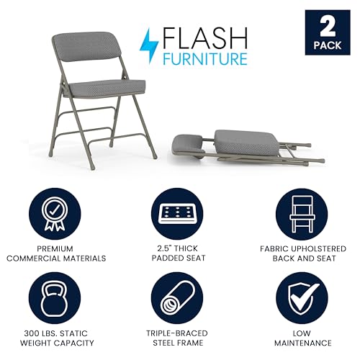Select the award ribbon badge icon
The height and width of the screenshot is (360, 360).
[x=54, y=212]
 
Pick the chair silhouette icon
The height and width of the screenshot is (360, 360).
[x=305, y=212]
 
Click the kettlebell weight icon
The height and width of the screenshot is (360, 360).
[x=54, y=297]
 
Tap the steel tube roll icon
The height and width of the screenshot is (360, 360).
[x=180, y=297]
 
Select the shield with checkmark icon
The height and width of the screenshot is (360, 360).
[x=305, y=297]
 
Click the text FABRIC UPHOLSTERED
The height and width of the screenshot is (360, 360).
[x=305, y=248]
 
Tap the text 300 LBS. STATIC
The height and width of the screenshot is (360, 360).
[x=54, y=334]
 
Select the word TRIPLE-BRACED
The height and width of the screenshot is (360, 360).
[x=180, y=334]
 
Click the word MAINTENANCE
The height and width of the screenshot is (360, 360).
[x=305, y=343]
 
